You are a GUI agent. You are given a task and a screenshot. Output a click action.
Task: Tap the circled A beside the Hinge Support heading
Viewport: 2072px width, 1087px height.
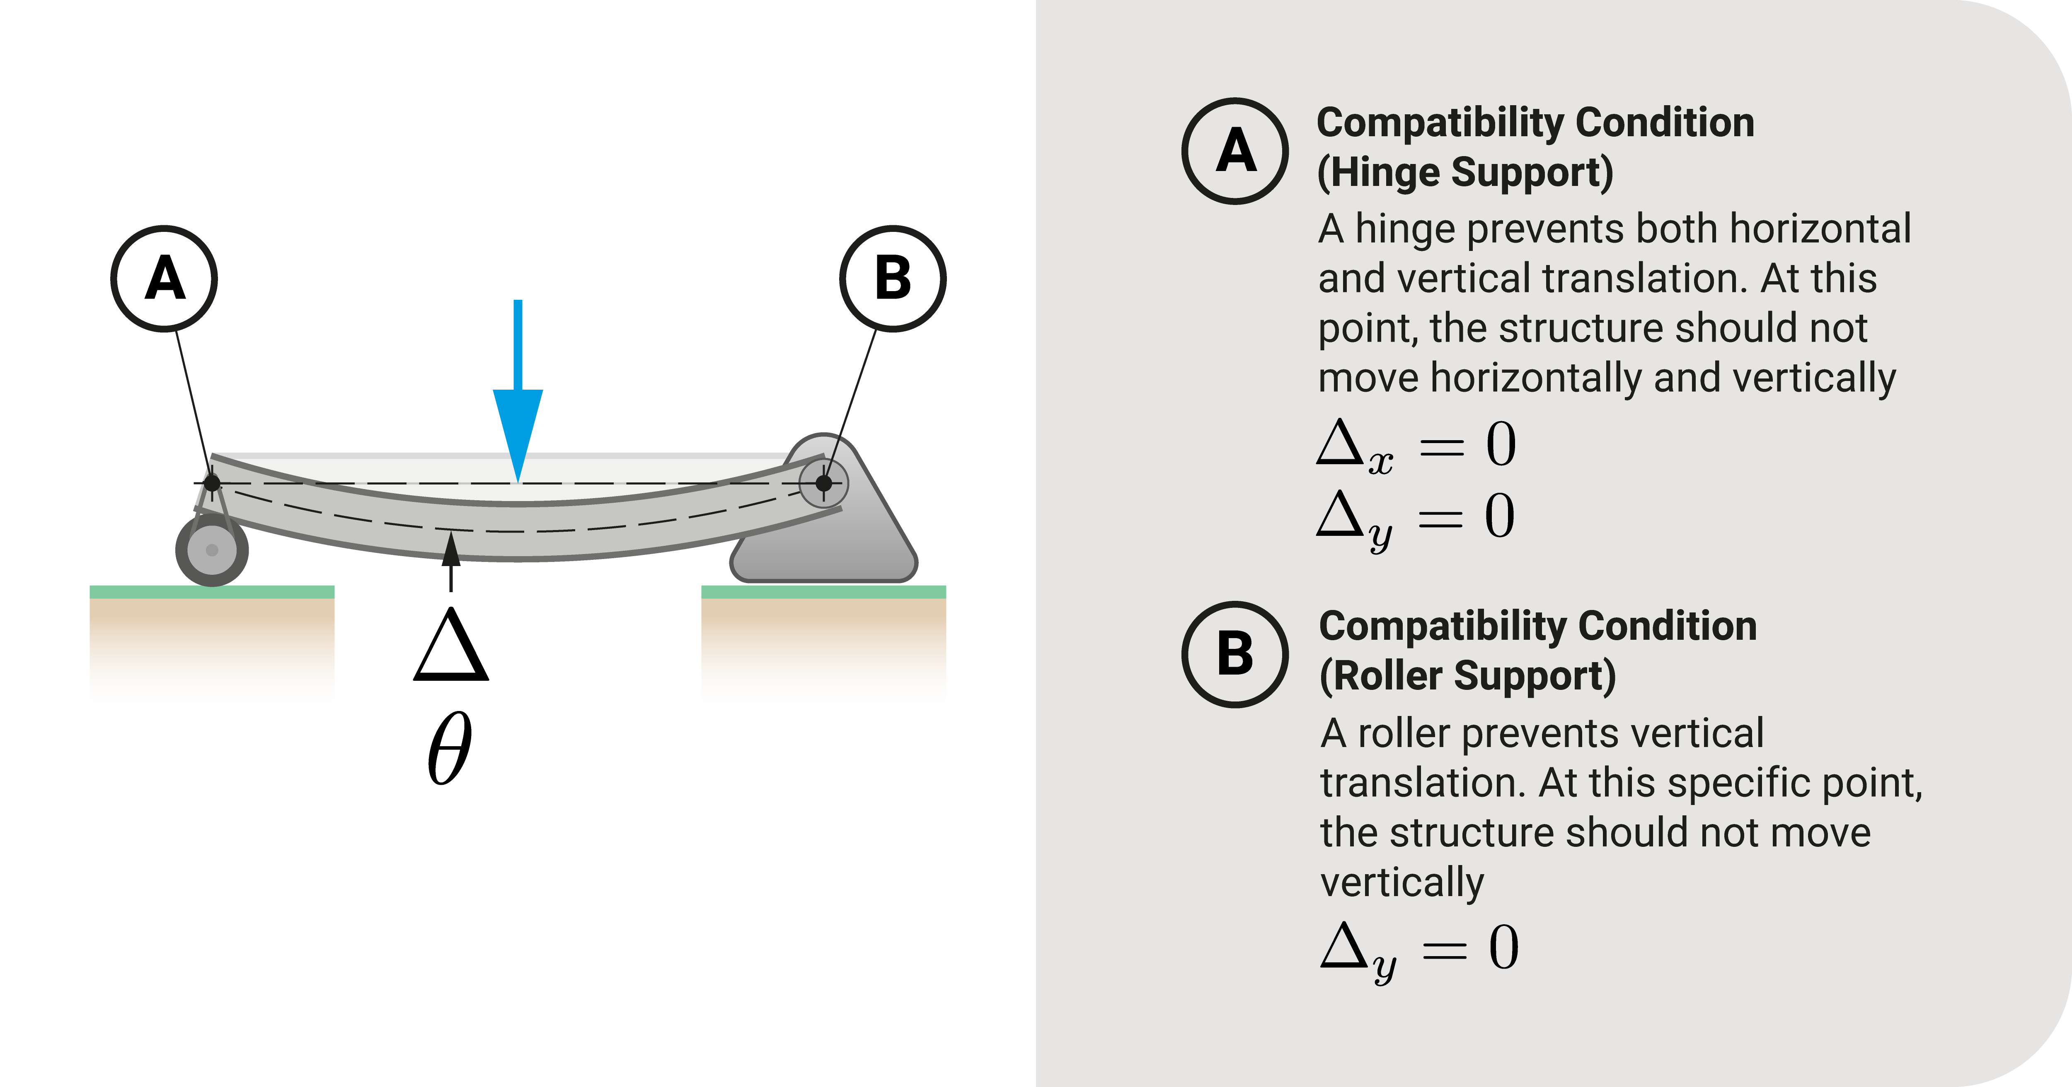1234,151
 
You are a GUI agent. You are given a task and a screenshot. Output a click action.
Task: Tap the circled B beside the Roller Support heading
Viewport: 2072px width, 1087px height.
1234,654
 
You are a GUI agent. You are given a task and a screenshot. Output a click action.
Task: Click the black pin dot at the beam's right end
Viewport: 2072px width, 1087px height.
824,483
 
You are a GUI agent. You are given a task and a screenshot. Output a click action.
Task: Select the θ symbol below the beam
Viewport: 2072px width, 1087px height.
449,750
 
